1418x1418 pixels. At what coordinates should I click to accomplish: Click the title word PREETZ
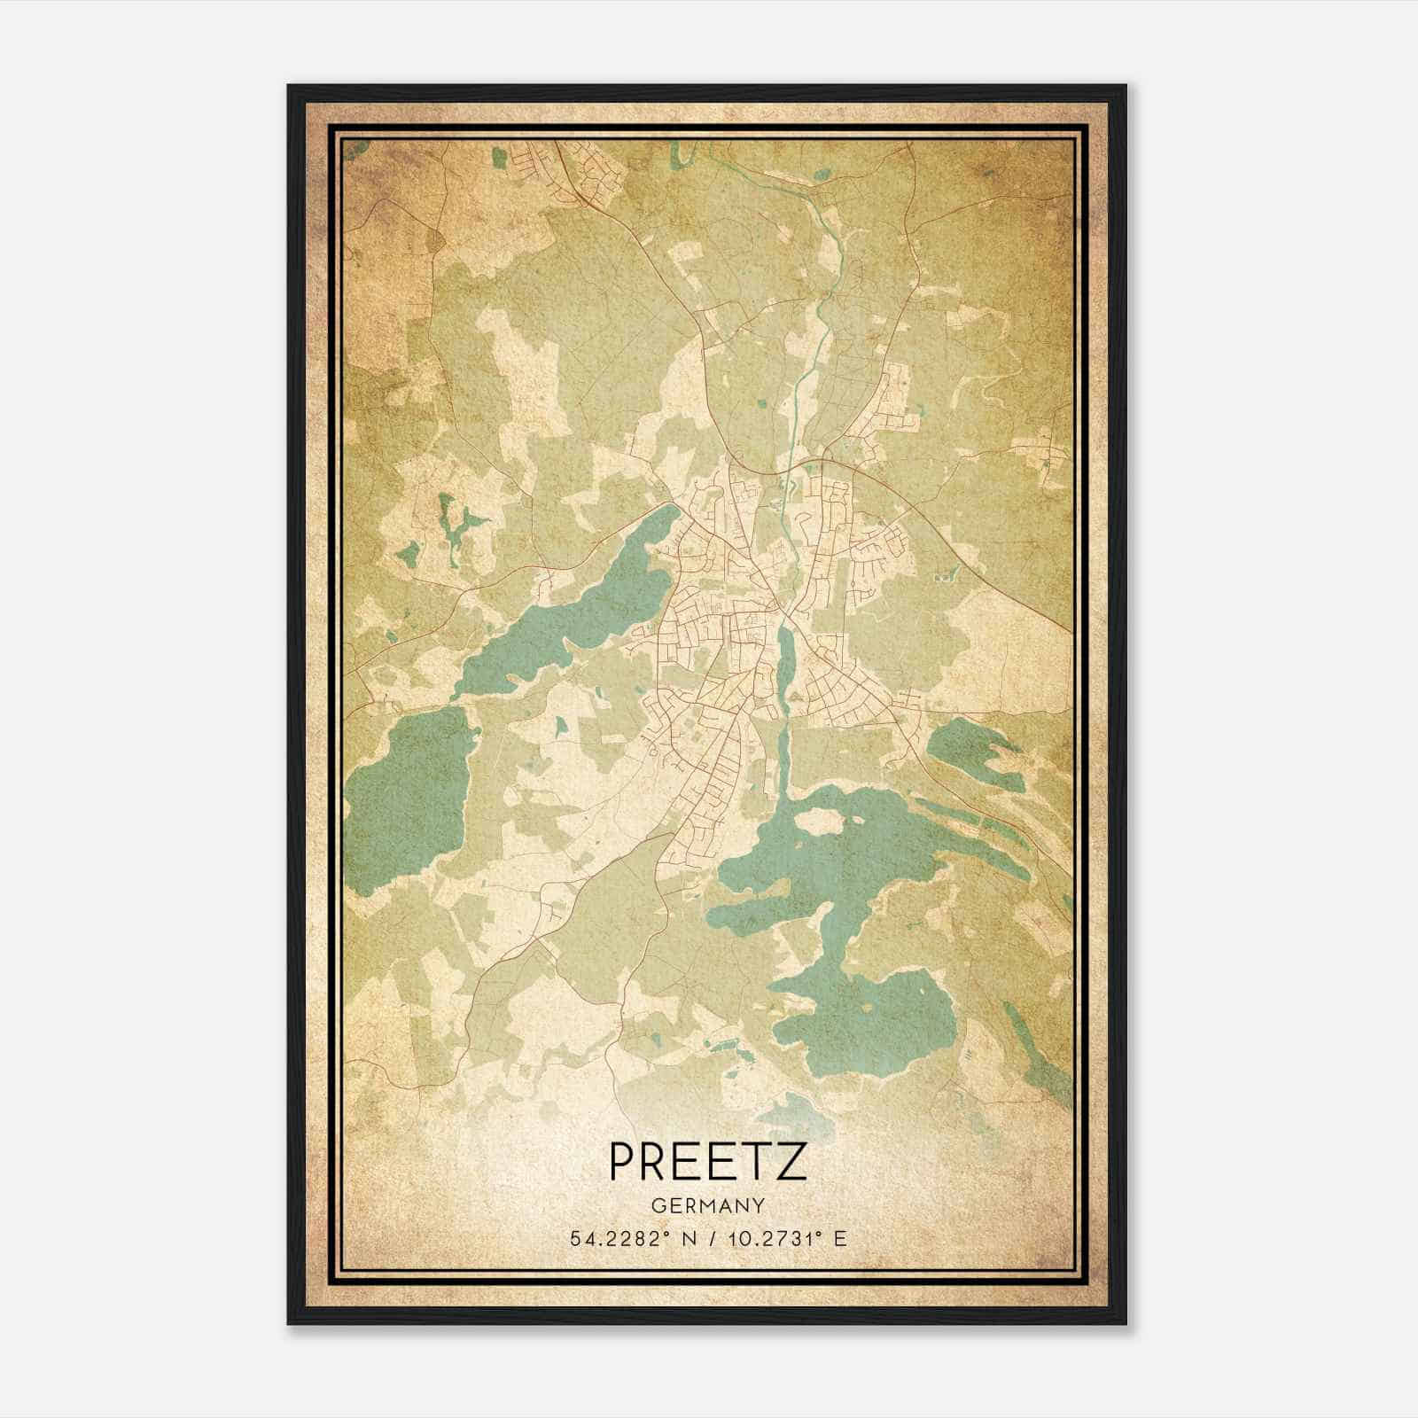(x=708, y=1162)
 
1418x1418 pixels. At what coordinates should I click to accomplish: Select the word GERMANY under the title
(x=708, y=1205)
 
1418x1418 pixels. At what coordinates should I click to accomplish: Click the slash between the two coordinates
(x=710, y=1238)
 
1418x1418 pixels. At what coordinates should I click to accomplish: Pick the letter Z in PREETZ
(x=791, y=1162)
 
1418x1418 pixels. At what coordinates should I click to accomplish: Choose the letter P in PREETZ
(x=624, y=1162)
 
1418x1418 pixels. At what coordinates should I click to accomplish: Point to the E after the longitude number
(x=840, y=1238)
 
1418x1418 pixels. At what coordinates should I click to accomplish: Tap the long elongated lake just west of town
(x=567, y=612)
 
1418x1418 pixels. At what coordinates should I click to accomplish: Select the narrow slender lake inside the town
(x=785, y=660)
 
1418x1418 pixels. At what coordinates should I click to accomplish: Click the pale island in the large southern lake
(x=820, y=821)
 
